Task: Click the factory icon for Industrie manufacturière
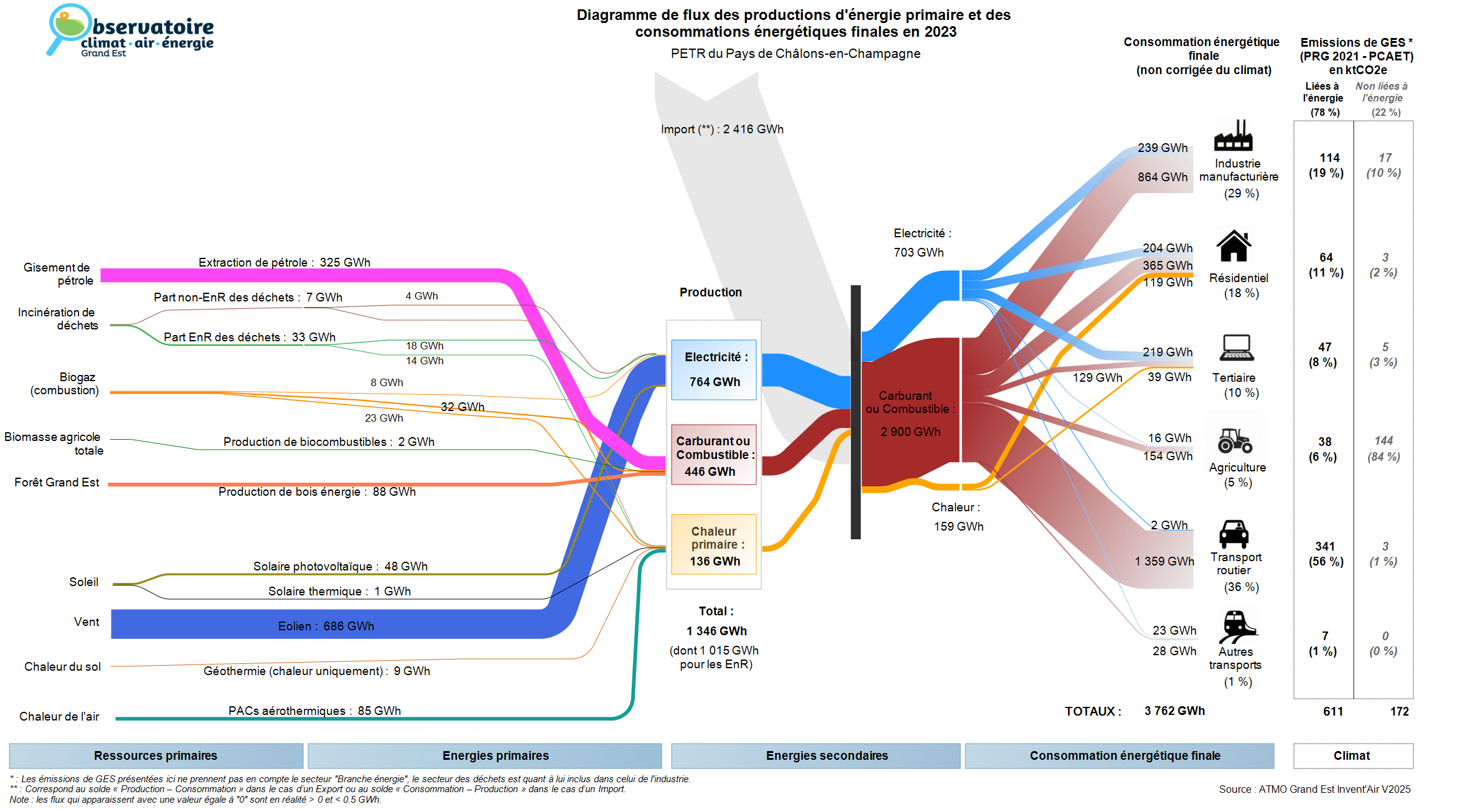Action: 1233,136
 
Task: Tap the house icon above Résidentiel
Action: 1234,246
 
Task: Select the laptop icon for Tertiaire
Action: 1237,348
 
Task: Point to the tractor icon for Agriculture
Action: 1235,440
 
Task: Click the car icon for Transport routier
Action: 1234,534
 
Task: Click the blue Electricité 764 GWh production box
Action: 714,369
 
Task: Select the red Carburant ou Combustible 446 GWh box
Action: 713,455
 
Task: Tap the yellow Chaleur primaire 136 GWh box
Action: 714,544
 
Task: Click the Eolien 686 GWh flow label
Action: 326,626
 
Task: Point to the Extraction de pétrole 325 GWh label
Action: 284,262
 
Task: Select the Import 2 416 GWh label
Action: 722,129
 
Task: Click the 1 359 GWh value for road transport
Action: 1164,561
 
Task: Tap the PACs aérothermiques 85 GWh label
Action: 314,711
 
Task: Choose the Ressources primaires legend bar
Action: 156,755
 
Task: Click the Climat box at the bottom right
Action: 1352,755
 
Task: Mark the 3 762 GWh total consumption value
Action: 1174,711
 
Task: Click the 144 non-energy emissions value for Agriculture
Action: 1384,440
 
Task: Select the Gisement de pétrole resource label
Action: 57,274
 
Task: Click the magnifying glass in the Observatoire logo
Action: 65,28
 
